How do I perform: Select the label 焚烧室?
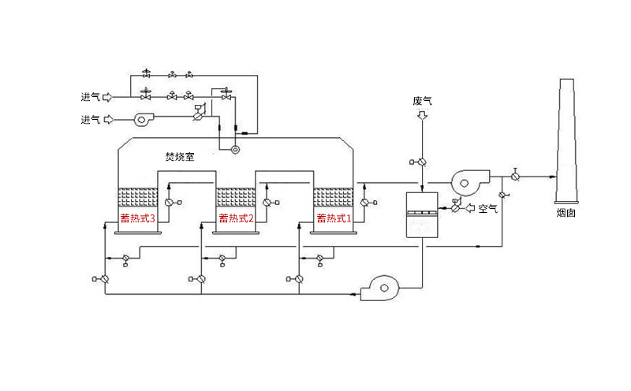pyautogui.click(x=179, y=157)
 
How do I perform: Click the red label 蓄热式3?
pyautogui.click(x=137, y=218)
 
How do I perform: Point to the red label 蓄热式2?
pyautogui.click(x=236, y=218)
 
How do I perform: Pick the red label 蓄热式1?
pyautogui.click(x=333, y=218)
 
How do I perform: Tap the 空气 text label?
pyautogui.click(x=488, y=208)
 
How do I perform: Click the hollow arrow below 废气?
pyautogui.click(x=422, y=116)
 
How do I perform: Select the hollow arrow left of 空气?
pyautogui.click(x=471, y=208)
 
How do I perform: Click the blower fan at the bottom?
pyautogui.click(x=382, y=289)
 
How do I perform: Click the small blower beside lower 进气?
pyautogui.click(x=143, y=120)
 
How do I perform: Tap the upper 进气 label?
pyautogui.click(x=90, y=98)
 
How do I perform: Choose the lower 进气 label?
pyautogui.click(x=90, y=120)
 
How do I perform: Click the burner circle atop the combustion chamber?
pyautogui.click(x=234, y=148)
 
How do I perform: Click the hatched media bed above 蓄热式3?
pyautogui.click(x=137, y=195)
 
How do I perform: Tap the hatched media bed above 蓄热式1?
pyautogui.click(x=333, y=195)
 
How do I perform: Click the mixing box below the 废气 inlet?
pyautogui.click(x=422, y=214)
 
